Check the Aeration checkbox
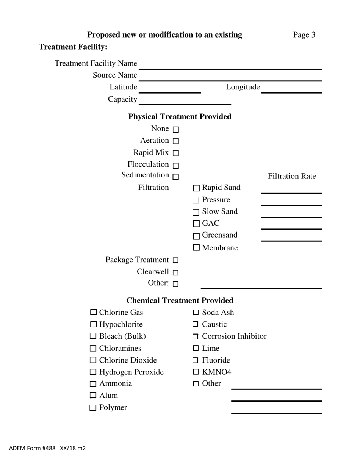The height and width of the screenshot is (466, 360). coord(175,141)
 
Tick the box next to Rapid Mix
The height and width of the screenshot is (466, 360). coord(175,153)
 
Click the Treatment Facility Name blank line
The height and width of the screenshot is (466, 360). coord(230,65)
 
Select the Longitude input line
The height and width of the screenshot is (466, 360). coord(291,89)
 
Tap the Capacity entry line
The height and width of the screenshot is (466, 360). coord(185,101)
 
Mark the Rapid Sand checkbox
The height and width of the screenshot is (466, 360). coord(196,188)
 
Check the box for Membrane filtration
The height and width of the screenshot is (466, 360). coord(196,248)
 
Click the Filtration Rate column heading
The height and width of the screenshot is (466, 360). coord(292,176)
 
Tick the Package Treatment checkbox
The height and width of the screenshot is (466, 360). coord(175,260)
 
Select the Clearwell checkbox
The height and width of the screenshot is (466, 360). coord(175,272)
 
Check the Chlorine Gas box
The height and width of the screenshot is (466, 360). coord(94,313)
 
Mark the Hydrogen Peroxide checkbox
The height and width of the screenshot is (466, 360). coord(94,372)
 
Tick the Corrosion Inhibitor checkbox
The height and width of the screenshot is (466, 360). coord(196,336)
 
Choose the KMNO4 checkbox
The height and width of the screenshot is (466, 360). coord(196,372)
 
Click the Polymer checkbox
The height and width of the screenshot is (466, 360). coord(93,408)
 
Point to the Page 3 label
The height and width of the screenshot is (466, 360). coord(304,35)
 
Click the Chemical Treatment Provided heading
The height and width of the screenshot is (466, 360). coord(180,300)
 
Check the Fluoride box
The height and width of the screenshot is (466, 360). coord(196,360)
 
